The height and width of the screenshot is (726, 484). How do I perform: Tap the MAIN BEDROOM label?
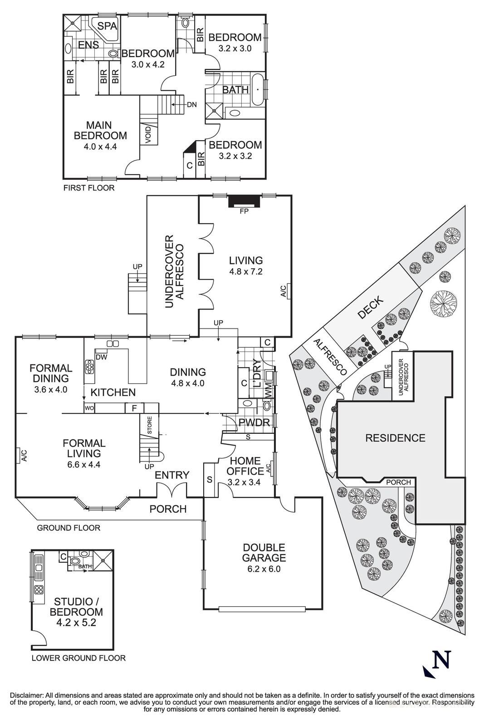tap(100, 130)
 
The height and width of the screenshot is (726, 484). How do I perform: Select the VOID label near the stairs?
tap(149, 135)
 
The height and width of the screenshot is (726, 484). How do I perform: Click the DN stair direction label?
tap(191, 105)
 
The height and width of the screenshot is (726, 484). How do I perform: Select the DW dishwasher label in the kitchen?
tap(102, 357)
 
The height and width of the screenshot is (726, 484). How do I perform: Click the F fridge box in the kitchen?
tap(134, 408)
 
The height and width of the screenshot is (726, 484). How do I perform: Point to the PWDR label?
tap(254, 423)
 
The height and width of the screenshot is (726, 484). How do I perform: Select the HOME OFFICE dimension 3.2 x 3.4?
tap(244, 482)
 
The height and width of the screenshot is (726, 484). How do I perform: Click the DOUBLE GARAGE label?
tap(264, 553)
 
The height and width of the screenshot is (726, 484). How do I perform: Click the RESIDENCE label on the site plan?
tap(395, 438)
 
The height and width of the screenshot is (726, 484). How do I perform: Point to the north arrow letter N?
tap(441, 660)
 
